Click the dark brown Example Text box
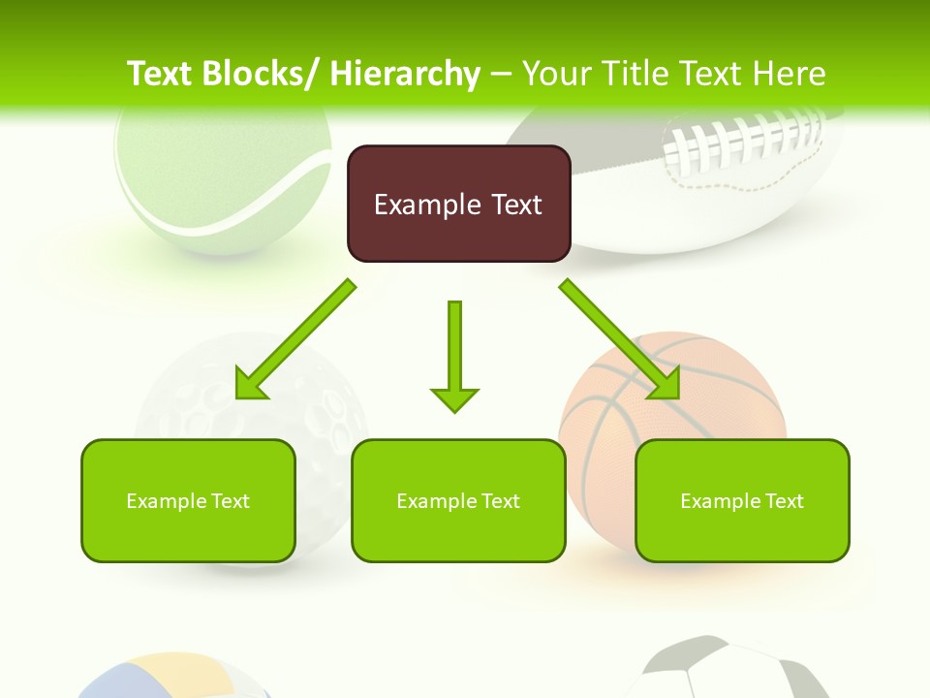coord(458,204)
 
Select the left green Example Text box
coord(188,500)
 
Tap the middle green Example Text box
coord(458,500)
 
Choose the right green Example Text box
coord(742,500)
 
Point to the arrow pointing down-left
coord(295,339)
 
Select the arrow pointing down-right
coord(619,339)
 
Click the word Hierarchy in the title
coord(405,74)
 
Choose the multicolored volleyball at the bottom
coord(174,679)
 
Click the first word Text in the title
coord(160,74)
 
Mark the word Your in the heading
coord(557,74)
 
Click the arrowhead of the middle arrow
coord(454,397)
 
